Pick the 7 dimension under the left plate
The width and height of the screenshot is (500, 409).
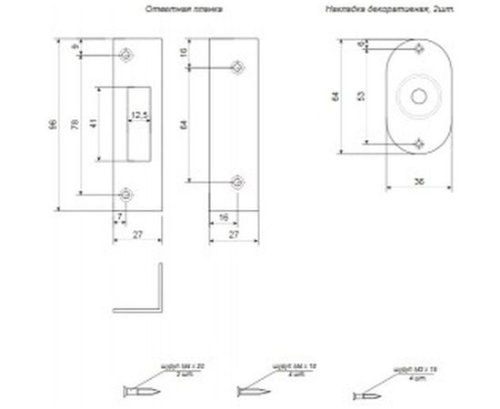click(119, 216)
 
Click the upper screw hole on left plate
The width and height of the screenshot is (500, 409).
click(125, 55)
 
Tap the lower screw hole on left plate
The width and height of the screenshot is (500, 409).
click(125, 193)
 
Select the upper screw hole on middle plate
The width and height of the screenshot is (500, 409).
click(236, 66)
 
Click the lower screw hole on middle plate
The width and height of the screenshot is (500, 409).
click(236, 180)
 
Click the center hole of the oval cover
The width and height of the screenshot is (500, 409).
click(417, 95)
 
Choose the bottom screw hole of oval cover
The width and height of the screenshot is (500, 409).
click(417, 143)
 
